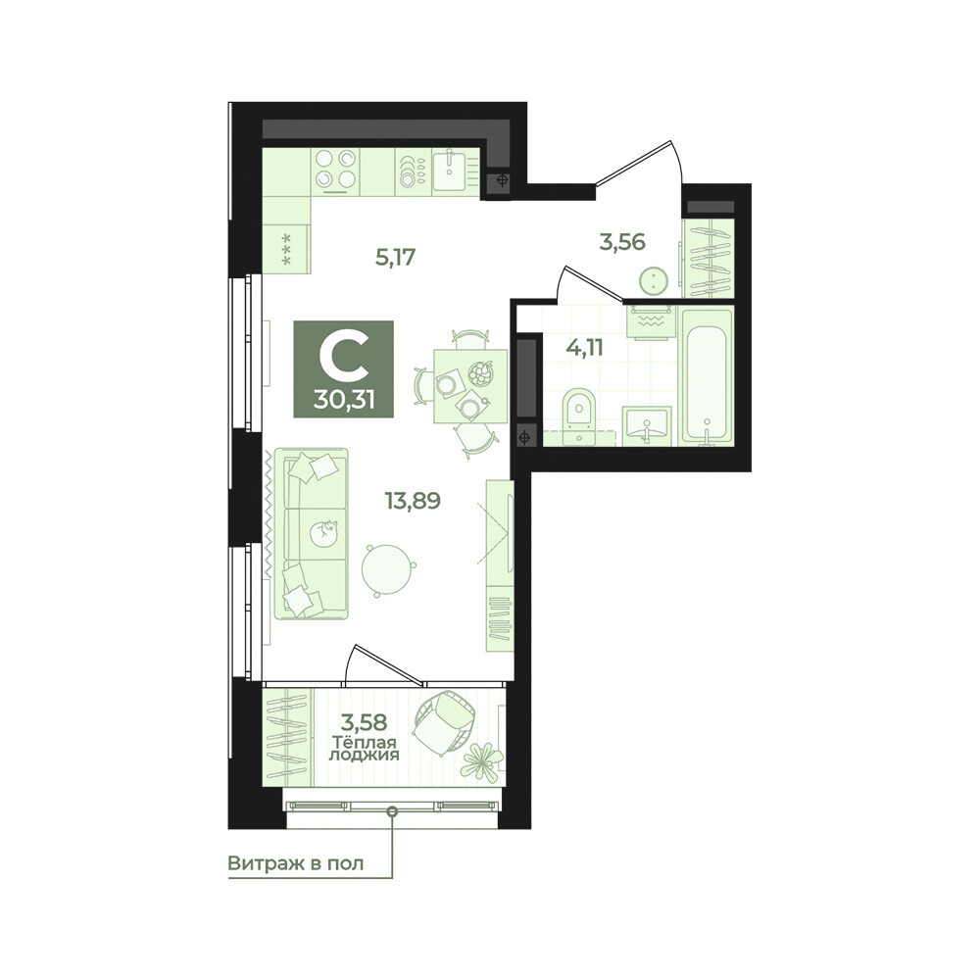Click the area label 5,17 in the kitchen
coord(396,257)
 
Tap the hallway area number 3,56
coord(622,241)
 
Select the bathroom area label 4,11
coord(584,347)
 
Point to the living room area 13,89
coord(413,501)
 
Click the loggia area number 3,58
coord(364,722)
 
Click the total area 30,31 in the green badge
coord(344,400)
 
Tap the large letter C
coord(343,359)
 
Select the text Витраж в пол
coord(295,863)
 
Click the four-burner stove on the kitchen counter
coord(336,170)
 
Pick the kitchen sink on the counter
coord(450,169)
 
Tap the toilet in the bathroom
coord(579,416)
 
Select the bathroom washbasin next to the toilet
coord(646,426)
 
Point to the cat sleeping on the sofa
coord(325,531)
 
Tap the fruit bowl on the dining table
coord(480,373)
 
